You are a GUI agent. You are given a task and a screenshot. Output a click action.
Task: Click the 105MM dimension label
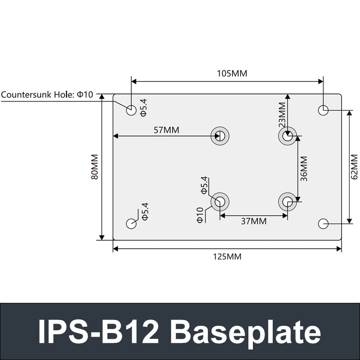232,73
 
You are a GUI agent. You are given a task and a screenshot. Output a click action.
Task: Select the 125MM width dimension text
227,257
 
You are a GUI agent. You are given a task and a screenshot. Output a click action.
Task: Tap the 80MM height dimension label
94,167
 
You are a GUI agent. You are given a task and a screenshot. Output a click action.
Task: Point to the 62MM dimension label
354,167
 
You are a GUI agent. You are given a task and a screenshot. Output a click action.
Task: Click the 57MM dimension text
166,130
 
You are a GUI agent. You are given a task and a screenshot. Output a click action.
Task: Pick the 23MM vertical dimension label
282,114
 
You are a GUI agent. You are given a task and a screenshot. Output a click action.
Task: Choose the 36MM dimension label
304,169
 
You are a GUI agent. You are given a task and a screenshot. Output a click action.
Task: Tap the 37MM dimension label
253,221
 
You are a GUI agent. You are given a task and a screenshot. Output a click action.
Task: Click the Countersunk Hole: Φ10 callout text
47,94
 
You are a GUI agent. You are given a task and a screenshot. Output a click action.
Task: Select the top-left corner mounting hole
131,110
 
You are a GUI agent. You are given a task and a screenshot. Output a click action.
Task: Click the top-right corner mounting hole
323,110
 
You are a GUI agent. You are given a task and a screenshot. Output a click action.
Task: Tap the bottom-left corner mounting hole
131,224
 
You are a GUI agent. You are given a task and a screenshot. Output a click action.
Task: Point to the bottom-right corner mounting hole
323,224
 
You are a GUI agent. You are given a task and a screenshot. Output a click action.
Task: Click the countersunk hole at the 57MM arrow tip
220,136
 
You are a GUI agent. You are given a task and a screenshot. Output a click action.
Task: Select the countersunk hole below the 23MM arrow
288,136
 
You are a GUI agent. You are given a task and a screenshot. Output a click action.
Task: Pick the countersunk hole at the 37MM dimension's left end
220,202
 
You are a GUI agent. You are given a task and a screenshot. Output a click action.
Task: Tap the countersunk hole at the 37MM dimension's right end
288,202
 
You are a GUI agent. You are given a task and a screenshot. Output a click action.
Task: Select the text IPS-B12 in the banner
99,332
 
